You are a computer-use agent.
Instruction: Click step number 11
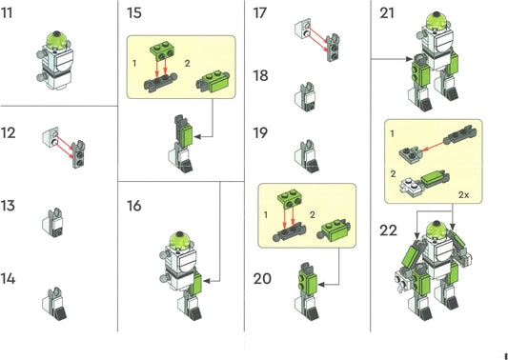tap(7, 13)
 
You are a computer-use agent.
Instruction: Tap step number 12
tap(8, 133)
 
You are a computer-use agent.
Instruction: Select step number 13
tap(8, 206)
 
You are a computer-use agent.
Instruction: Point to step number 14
tap(8, 279)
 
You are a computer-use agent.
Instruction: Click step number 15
tap(134, 13)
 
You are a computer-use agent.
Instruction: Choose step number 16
tap(134, 206)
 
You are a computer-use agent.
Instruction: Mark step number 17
tap(260, 13)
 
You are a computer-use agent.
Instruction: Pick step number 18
tap(260, 76)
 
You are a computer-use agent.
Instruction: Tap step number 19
tap(260, 133)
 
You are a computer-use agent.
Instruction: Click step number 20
tap(262, 279)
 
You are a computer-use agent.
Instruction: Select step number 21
tap(387, 13)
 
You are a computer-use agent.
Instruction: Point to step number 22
tap(388, 230)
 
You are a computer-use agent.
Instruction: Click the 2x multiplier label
tap(463, 195)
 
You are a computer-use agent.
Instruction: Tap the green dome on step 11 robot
tap(58, 39)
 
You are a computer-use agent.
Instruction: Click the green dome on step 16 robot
tap(180, 240)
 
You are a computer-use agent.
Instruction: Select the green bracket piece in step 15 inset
tap(161, 50)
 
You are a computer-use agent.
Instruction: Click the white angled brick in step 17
tap(302, 29)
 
